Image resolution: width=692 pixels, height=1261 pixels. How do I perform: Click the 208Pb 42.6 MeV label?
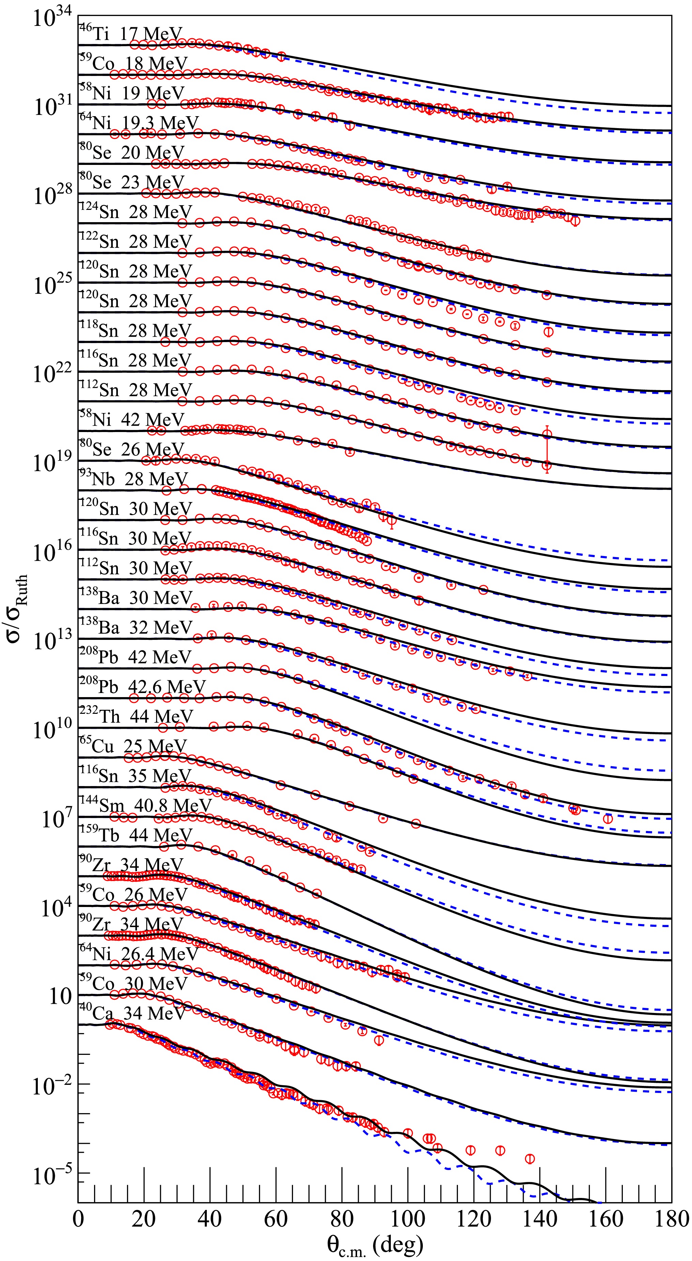tap(142, 687)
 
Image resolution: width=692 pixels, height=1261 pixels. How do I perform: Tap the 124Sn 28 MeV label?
tap(136, 212)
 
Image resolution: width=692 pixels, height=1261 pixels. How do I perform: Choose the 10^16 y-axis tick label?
tap(52, 553)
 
